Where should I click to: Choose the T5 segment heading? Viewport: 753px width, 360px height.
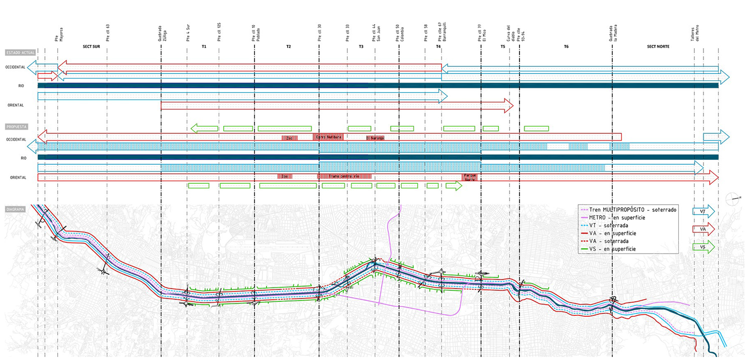[x=503, y=47]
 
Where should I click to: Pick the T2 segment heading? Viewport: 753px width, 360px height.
[x=288, y=47]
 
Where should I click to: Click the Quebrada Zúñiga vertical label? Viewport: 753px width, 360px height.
[x=162, y=34]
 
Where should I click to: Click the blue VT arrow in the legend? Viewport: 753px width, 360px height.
[x=703, y=212]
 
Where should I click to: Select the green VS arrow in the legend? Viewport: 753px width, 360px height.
[x=703, y=247]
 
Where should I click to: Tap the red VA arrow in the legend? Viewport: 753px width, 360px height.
[x=703, y=230]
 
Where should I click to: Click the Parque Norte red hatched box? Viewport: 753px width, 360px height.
[x=469, y=177]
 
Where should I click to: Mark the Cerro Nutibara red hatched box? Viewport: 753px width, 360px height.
[x=329, y=137]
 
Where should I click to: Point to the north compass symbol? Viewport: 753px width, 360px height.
[x=734, y=198]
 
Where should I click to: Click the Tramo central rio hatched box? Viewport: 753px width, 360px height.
[x=344, y=176]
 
